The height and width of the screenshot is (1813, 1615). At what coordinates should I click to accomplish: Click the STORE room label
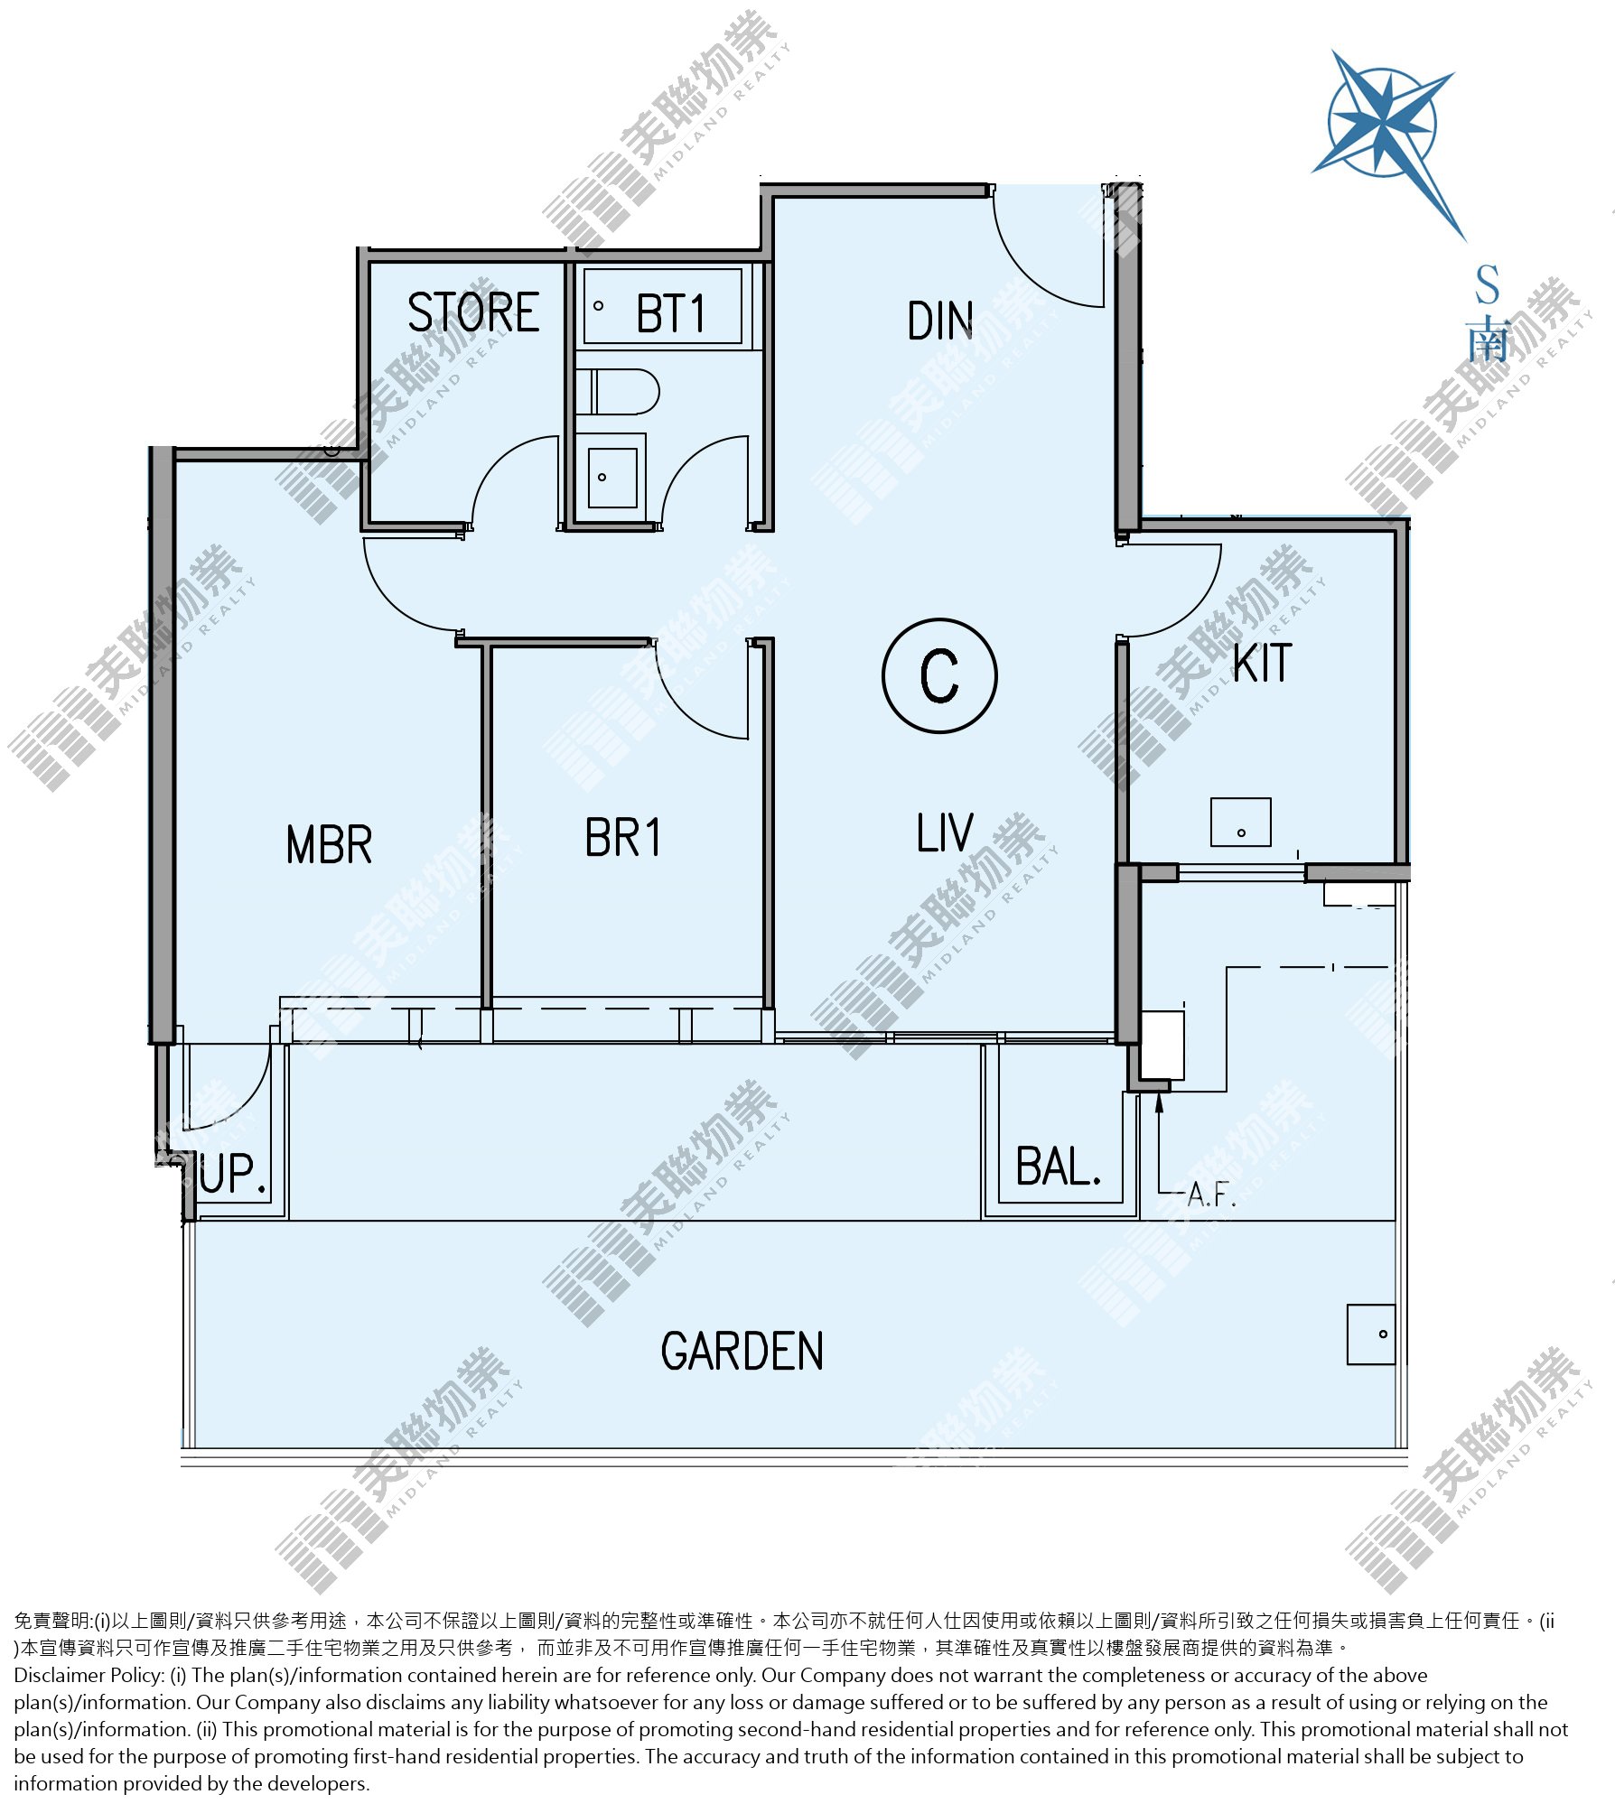(x=473, y=312)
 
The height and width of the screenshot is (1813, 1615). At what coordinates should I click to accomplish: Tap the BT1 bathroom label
(x=670, y=313)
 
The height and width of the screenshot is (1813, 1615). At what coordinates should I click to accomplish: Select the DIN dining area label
(x=940, y=321)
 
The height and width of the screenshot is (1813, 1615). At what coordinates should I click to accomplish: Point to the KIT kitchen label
(x=1263, y=664)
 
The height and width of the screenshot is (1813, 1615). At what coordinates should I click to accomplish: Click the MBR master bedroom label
(x=329, y=845)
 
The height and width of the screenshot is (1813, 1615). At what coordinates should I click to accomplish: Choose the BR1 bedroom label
(x=622, y=837)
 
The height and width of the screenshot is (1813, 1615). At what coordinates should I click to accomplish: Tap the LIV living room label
(x=945, y=832)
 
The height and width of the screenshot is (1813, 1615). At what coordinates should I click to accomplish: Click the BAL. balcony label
(x=1059, y=1167)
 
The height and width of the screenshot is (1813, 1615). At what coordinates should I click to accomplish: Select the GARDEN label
(x=742, y=1351)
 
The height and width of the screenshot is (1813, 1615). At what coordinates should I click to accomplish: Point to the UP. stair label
(x=233, y=1174)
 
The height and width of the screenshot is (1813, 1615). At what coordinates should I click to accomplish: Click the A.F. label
(x=1211, y=1195)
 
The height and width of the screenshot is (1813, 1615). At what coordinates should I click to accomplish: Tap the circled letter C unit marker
(x=939, y=675)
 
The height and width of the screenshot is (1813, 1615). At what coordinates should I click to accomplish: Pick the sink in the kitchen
(x=1240, y=822)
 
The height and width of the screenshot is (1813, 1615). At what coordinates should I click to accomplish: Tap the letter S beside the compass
(x=1487, y=284)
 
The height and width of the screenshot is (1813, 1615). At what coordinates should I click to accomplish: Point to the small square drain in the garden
(x=1371, y=1334)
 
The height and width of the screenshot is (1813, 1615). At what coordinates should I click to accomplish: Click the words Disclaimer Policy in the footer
(x=89, y=1676)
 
